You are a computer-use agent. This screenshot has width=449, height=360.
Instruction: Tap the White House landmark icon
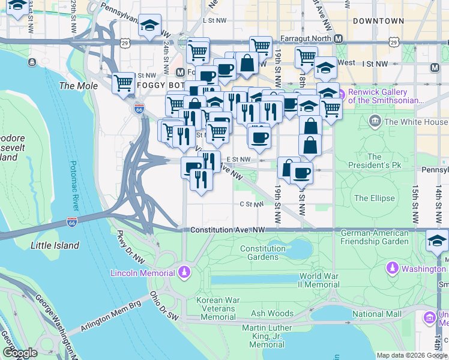pos(375,122)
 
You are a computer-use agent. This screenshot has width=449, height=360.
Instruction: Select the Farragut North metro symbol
pos(339,38)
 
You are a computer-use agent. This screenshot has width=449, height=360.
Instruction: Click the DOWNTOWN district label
pos(378,21)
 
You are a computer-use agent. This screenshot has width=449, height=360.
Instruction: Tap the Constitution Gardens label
pos(271,253)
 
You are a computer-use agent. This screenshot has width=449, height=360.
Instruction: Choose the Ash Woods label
pos(273,313)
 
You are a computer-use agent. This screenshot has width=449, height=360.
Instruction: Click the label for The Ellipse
pos(375,198)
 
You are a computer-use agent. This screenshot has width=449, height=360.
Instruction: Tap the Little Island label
pos(55,245)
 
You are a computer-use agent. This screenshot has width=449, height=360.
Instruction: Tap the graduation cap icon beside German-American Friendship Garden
pos(437,242)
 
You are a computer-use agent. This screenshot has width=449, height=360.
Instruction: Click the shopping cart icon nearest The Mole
pos(124,83)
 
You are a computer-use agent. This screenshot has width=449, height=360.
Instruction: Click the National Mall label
pos(376,314)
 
